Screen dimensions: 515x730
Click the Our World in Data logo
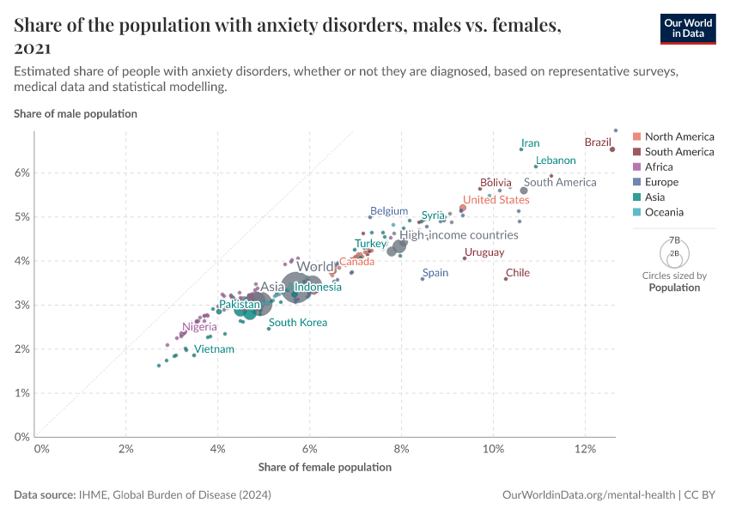[687, 28]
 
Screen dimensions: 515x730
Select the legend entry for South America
[678, 152]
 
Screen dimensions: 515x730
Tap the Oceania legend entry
[665, 212]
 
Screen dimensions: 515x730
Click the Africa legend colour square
[636, 167]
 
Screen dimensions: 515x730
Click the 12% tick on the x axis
[585, 449]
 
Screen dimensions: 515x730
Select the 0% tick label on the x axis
[40, 449]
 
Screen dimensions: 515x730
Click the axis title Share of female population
[325, 467]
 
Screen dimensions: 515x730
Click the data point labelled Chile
[506, 279]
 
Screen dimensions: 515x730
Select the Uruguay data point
[465, 258]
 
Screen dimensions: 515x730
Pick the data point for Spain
[423, 279]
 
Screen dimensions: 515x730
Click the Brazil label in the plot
[598, 142]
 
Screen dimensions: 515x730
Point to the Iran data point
[521, 149]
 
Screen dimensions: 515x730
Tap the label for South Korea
[297, 323]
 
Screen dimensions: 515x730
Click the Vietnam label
[213, 349]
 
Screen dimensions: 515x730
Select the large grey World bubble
[296, 287]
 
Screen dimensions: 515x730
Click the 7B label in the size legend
[674, 240]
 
